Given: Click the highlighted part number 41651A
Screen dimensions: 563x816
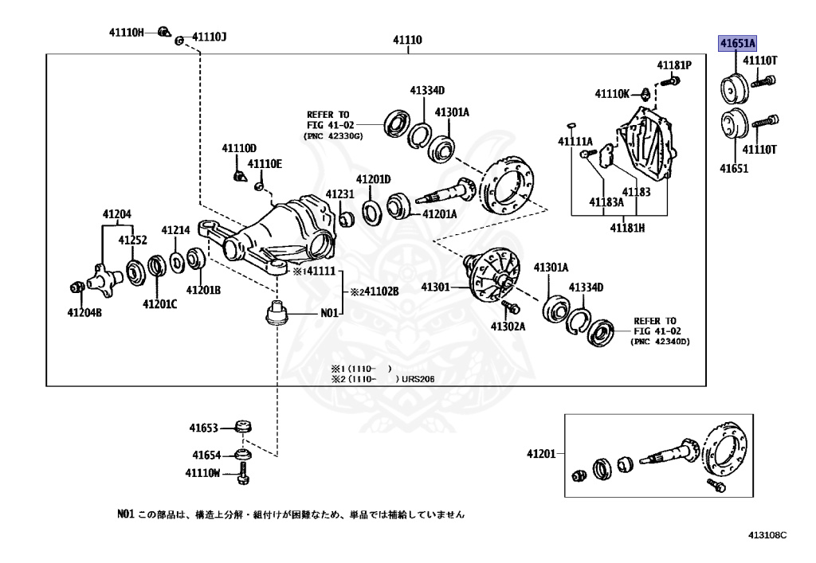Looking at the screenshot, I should tap(738, 43).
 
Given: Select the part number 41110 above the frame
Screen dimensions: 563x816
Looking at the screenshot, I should tap(407, 41).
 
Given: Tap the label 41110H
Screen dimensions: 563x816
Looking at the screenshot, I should tap(127, 33).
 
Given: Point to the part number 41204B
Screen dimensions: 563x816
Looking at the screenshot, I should tap(84, 313).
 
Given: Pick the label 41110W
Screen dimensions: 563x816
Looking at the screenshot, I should tap(202, 472).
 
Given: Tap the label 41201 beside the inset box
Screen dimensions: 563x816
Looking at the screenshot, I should tap(540, 454).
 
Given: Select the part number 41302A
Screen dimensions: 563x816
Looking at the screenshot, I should tap(507, 326).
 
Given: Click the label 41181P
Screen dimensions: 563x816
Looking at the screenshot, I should tap(674, 65).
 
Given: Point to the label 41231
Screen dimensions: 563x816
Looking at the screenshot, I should tap(339, 195).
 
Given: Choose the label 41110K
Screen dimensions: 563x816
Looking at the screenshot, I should tap(612, 94).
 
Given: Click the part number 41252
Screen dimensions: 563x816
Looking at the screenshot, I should tap(133, 240).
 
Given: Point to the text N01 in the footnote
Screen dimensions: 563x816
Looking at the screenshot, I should tap(125, 514).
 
